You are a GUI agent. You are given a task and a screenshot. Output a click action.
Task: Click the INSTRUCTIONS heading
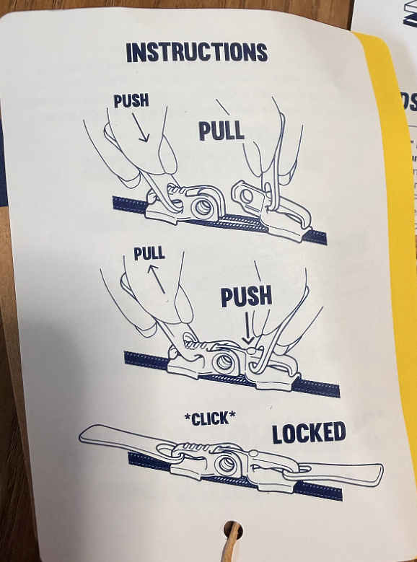pos(196,53)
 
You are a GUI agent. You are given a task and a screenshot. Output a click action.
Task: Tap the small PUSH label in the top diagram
pos(131,101)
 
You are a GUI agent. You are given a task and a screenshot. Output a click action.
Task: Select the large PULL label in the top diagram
pos(221,131)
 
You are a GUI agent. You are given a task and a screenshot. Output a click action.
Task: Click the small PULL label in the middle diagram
pos(149,253)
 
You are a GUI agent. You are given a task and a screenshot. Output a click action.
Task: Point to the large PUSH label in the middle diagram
pos(246,296)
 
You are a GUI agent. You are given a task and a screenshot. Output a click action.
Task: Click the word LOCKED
pos(309,432)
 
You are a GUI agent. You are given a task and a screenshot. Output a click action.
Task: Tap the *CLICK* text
pos(210,418)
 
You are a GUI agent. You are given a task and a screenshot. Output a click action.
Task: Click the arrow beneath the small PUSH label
pos(140,128)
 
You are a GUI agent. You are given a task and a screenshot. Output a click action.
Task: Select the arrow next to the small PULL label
pos(157,279)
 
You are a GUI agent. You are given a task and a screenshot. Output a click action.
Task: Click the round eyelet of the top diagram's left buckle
pos(203,208)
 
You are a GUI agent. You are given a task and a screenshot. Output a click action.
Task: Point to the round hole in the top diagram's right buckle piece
pos(247,196)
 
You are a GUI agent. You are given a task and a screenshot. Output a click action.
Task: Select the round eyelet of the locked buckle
pos(227,465)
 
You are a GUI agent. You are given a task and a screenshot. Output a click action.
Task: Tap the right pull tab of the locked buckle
pos(333,473)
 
